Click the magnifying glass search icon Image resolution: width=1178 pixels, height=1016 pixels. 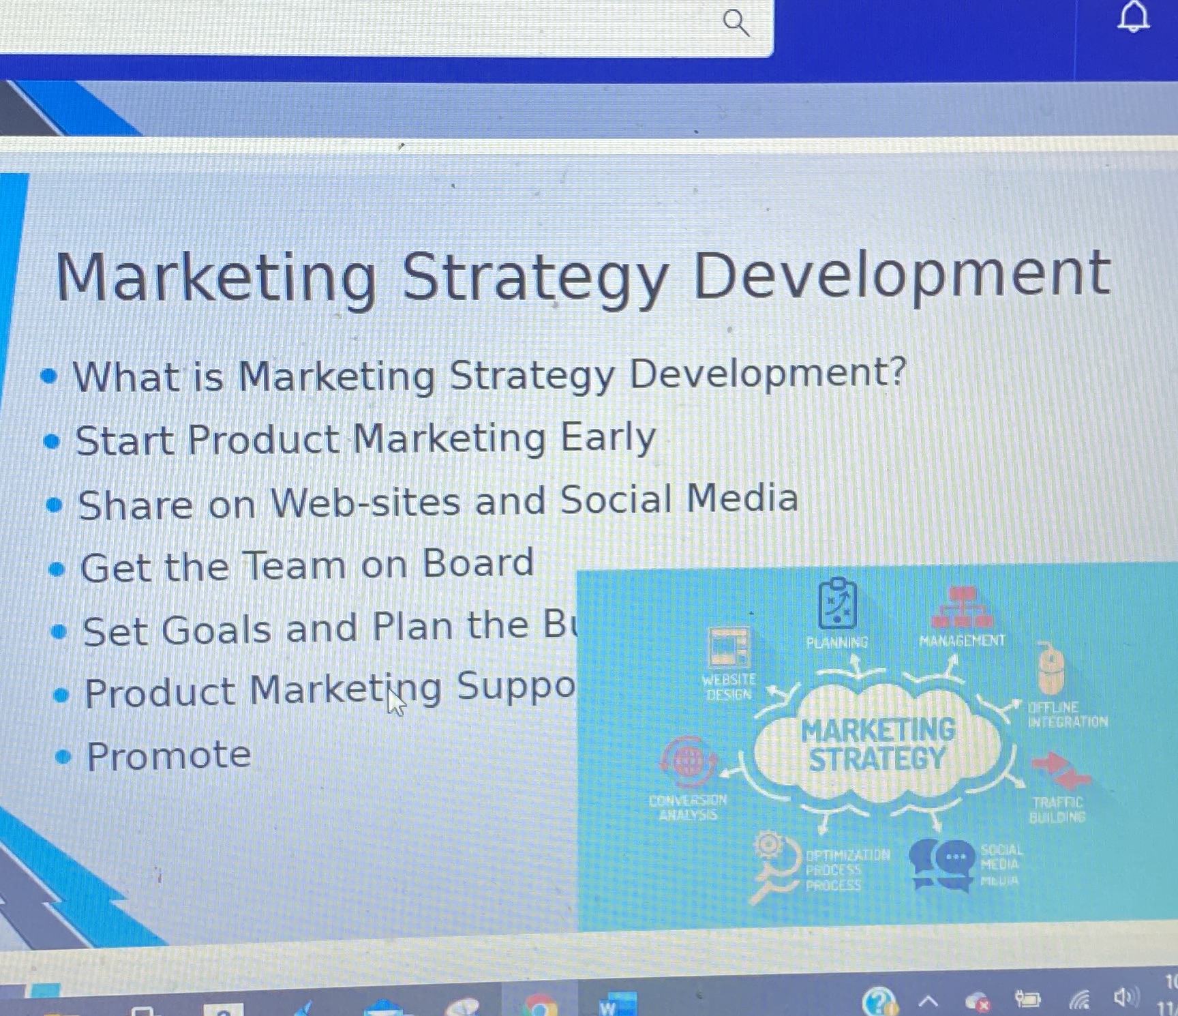point(736,23)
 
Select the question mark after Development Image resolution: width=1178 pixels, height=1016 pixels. point(897,372)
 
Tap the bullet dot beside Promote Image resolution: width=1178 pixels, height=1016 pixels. point(63,756)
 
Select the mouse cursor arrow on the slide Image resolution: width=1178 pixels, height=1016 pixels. point(395,702)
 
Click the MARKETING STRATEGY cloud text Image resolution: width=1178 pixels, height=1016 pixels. point(878,745)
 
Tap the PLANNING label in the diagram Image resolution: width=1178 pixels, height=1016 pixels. point(836,642)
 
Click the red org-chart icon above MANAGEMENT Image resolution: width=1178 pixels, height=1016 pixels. point(962,607)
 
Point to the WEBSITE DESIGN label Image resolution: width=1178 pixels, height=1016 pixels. point(729,687)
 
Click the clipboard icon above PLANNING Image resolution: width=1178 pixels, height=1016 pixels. point(837,603)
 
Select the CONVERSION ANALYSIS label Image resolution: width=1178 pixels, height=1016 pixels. point(688,807)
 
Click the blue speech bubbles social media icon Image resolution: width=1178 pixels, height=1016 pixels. point(942,863)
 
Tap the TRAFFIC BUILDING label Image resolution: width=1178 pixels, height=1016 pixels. point(1057,809)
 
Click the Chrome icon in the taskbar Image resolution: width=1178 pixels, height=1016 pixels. point(540,1006)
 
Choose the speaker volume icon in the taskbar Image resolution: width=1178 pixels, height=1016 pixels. point(1126,998)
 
